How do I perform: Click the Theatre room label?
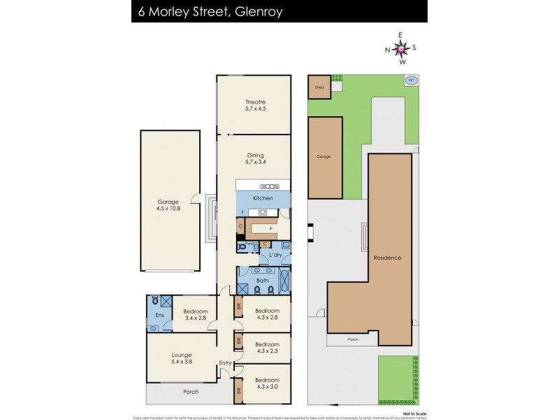click(255, 105)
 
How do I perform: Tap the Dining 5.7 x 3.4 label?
click(255, 159)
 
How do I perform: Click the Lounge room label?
click(180, 358)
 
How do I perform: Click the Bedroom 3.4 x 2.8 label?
click(196, 314)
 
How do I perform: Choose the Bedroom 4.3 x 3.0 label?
click(267, 384)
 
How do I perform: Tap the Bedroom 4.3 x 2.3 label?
click(267, 348)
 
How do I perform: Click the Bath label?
click(262, 281)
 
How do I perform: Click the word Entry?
click(225, 363)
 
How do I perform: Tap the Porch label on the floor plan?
click(191, 391)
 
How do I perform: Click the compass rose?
click(400, 48)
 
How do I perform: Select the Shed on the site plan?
click(319, 87)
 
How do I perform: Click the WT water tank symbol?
click(411, 80)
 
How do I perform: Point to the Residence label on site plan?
click(387, 258)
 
